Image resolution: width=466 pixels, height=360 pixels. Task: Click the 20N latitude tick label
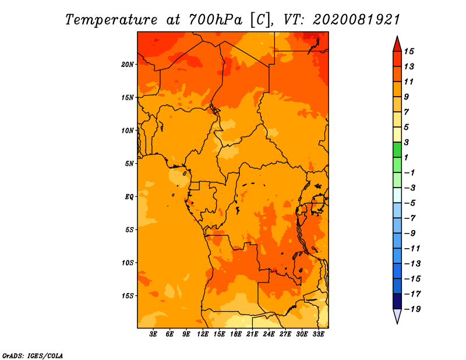tap(128, 65)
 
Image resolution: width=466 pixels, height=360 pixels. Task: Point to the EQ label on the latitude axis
tap(129, 197)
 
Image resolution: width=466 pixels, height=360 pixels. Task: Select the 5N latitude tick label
tap(129, 164)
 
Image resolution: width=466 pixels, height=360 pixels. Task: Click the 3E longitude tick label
tap(153, 334)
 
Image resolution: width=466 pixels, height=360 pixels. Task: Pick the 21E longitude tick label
tap(252, 334)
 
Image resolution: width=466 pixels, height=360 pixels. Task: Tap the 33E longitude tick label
tap(318, 334)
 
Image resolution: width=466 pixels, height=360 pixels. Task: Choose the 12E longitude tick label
tap(203, 334)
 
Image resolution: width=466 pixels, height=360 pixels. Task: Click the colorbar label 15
tap(409, 51)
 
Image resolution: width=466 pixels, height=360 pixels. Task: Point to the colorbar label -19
tap(412, 309)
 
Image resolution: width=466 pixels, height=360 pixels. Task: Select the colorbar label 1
tap(406, 157)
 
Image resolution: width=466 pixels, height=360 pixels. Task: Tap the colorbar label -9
tap(410, 234)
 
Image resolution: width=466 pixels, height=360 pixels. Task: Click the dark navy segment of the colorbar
tap(397, 301)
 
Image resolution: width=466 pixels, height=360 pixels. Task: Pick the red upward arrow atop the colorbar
tap(397, 44)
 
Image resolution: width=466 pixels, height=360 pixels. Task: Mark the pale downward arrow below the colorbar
tap(397, 316)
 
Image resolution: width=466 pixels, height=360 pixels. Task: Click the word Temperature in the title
tap(111, 20)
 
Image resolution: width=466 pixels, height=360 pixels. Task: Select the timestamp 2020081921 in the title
tap(356, 20)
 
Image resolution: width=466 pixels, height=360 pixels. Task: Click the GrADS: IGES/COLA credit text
tap(33, 356)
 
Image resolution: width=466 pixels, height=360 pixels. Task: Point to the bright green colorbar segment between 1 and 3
tap(397, 150)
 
